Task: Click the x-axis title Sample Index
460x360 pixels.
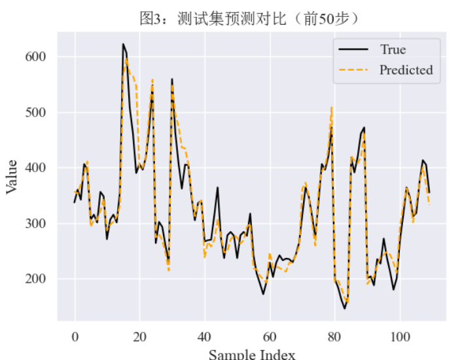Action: point(252,354)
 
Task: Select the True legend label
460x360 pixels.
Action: point(393,50)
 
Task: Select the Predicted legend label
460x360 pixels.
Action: point(406,70)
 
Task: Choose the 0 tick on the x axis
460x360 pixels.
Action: point(75,336)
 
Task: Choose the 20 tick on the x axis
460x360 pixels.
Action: point(139,336)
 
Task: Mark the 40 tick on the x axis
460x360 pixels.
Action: point(204,336)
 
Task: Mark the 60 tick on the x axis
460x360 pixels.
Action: point(269,336)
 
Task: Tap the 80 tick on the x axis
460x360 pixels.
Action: point(334,336)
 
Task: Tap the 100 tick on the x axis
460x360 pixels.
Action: point(398,336)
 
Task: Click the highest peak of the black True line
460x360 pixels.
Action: point(123,45)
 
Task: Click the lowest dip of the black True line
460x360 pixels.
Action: point(345,308)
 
